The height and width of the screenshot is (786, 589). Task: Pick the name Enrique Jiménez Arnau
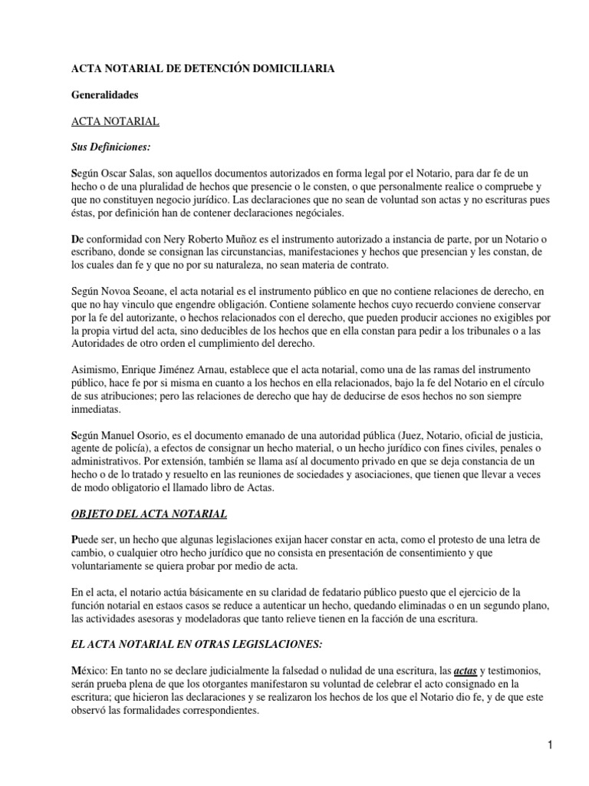click(176, 370)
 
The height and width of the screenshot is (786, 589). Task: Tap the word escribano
click(95, 253)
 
